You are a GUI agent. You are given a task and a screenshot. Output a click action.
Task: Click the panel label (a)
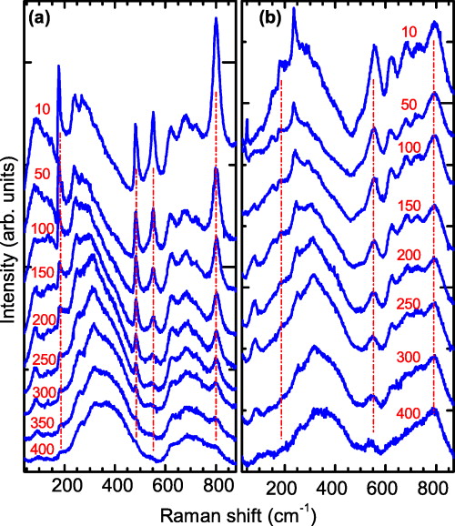tap(40, 15)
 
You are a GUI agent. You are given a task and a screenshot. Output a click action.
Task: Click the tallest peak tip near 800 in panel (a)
tap(217, 20)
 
